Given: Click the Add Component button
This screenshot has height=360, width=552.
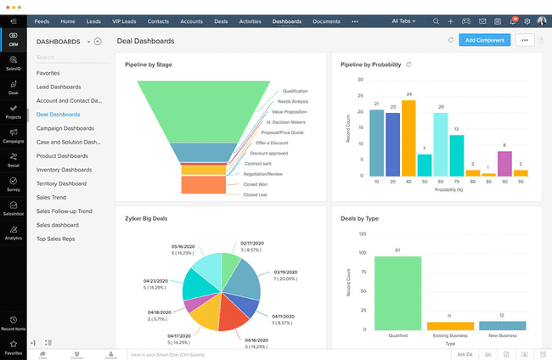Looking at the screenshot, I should [x=484, y=40].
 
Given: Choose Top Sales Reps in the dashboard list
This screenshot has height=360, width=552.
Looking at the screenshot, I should [x=57, y=239].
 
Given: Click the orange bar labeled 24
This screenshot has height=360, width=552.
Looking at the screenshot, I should [x=409, y=138].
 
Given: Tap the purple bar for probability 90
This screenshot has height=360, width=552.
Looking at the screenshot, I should [x=504, y=161].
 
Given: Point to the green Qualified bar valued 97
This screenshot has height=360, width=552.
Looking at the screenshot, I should [x=397, y=292].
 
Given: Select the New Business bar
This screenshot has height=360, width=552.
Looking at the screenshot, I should [x=503, y=325].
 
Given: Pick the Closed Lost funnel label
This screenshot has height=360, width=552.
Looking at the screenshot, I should [x=256, y=194].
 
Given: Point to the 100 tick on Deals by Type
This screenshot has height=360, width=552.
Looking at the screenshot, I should [x=363, y=253].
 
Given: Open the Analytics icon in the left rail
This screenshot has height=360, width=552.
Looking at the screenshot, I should [x=13, y=233].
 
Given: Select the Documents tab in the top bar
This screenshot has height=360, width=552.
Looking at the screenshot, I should [x=326, y=20].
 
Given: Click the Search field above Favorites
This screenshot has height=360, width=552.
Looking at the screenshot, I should [x=68, y=58].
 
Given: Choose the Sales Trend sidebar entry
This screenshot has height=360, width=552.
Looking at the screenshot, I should [x=53, y=197].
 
